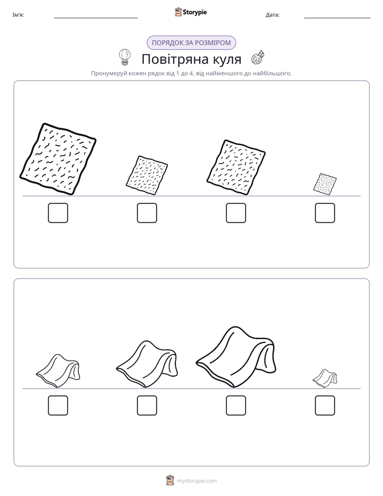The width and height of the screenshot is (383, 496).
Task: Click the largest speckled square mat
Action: click(58, 159)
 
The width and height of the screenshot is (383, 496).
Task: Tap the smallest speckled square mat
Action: click(325, 184)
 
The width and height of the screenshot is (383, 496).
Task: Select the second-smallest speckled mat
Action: click(147, 175)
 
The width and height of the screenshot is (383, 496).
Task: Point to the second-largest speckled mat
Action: click(236, 167)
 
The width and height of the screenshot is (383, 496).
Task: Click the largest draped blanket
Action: click(236, 357)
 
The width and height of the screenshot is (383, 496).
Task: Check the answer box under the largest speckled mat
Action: click(58, 213)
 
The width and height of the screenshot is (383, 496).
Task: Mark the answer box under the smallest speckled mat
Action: click(325, 213)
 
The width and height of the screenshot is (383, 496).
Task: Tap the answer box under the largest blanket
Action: click(236, 405)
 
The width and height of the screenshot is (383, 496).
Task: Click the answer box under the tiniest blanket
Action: click(325, 405)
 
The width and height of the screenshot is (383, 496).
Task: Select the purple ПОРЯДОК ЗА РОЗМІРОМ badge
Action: click(191, 43)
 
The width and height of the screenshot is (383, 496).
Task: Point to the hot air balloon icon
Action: click(124, 57)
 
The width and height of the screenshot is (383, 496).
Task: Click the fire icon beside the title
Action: click(257, 57)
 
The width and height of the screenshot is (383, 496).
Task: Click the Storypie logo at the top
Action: click(191, 12)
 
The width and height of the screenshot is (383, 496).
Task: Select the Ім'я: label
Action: click(18, 15)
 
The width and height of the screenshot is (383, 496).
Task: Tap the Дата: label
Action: click(272, 15)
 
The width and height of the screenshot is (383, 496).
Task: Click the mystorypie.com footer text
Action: click(196, 481)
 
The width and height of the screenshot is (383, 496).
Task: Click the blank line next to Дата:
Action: click(337, 18)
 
